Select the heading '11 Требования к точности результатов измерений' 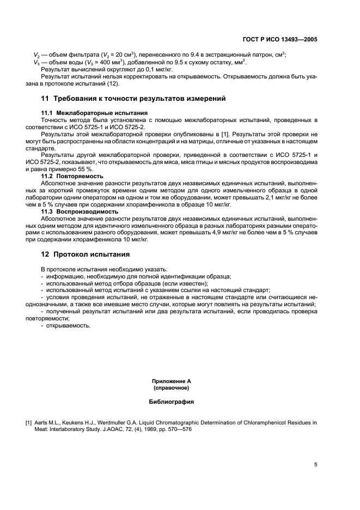tap(133, 99)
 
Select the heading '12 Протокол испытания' tap(86, 254)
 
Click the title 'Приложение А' tap(172, 382)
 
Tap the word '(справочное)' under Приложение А tap(172, 389)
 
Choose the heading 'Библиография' tap(172, 402)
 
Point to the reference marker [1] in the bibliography tap(28, 422)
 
